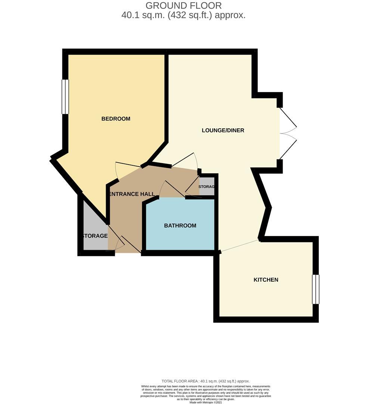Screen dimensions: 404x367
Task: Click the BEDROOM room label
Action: point(116,119)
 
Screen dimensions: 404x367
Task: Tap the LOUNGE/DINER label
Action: point(223,131)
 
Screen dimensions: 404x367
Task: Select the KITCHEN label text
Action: point(266,280)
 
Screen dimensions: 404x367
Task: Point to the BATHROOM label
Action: point(180,226)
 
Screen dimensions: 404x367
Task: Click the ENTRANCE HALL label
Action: point(131,194)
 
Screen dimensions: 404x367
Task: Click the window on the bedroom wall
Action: point(65,97)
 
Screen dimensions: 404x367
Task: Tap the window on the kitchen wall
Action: point(316,289)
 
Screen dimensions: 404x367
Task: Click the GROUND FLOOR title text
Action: point(183,6)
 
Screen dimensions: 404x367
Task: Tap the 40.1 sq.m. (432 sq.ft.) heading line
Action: point(183,15)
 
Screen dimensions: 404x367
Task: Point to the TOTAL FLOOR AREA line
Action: point(206,381)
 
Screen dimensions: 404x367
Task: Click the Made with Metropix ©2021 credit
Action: point(205,402)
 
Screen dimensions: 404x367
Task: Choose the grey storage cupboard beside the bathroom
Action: point(206,187)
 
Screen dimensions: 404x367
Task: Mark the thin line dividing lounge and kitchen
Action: point(239,246)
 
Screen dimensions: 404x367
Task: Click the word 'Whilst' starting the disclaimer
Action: point(145,386)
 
